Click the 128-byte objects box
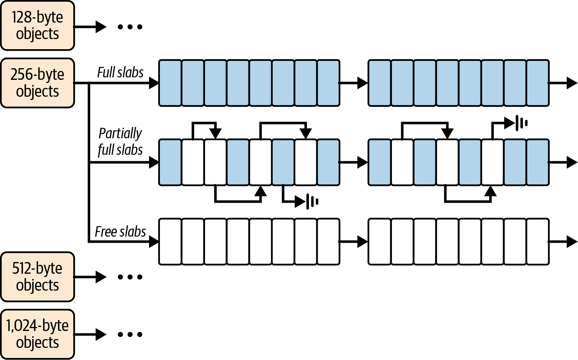[37, 25]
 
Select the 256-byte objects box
[37, 83]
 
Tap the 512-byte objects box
[37, 277]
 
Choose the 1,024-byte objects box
[37, 334]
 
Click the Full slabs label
[120, 72]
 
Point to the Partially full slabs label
[120, 142]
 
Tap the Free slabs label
[120, 231]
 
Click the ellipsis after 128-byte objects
[130, 27]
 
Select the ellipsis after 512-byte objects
[130, 277]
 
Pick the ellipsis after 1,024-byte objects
[130, 335]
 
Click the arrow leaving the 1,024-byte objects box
[90, 335]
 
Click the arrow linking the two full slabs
[353, 83]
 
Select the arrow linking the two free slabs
[353, 242]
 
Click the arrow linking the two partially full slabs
[353, 162]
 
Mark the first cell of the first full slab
[170, 83]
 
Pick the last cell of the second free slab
[538, 242]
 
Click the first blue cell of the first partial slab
[170, 162]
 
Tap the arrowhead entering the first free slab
[154, 242]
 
